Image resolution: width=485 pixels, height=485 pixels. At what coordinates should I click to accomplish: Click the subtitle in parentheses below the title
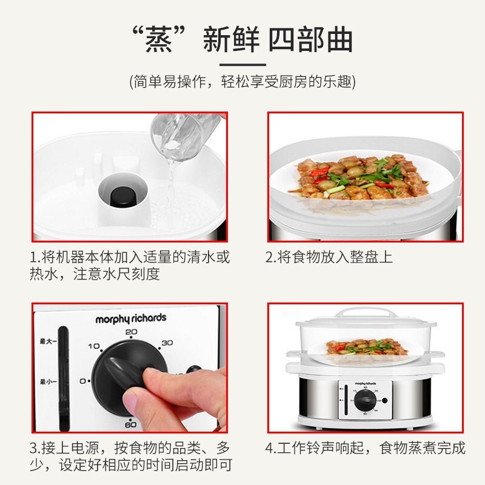pyautogui.click(x=242, y=82)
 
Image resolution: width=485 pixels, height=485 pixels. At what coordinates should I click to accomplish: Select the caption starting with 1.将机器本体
pyautogui.click(x=130, y=265)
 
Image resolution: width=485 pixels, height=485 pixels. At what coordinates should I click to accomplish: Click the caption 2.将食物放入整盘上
pyautogui.click(x=329, y=256)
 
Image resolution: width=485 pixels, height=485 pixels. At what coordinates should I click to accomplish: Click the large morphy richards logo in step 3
pyautogui.click(x=130, y=318)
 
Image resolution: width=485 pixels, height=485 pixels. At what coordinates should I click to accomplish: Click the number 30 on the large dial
pyautogui.click(x=167, y=343)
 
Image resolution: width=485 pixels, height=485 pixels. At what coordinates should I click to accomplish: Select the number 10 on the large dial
pyautogui.click(x=94, y=346)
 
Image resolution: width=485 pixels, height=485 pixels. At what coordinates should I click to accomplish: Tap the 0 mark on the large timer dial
pyautogui.click(x=84, y=381)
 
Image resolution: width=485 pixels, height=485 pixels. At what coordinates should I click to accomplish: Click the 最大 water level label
pyautogui.click(x=47, y=341)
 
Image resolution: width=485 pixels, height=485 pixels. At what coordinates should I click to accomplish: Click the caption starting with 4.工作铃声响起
pyautogui.click(x=366, y=448)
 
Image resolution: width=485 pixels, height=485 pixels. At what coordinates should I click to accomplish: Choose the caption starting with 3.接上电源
pyautogui.click(x=130, y=457)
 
